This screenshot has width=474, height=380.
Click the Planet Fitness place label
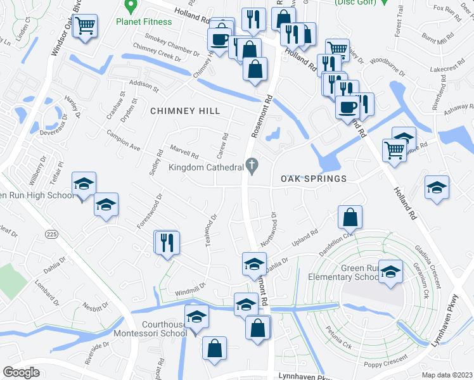(x=143, y=22)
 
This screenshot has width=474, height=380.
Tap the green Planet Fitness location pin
(x=132, y=7)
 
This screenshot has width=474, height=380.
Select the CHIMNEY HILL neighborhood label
(x=185, y=111)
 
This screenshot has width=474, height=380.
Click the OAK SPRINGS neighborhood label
(x=314, y=179)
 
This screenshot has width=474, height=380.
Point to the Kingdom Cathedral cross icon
(x=252, y=167)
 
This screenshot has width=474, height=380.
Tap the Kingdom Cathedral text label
(x=206, y=167)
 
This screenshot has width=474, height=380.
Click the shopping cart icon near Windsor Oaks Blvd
(x=84, y=27)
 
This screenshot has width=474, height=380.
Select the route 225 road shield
(x=52, y=234)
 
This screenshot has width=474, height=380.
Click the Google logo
(x=22, y=372)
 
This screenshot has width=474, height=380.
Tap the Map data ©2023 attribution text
(x=447, y=374)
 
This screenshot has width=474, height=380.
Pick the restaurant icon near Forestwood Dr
(x=167, y=243)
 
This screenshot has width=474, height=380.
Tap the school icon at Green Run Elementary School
(x=390, y=271)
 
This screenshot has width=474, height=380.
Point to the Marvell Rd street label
(x=184, y=152)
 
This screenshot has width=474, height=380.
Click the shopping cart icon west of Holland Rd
(x=394, y=151)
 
